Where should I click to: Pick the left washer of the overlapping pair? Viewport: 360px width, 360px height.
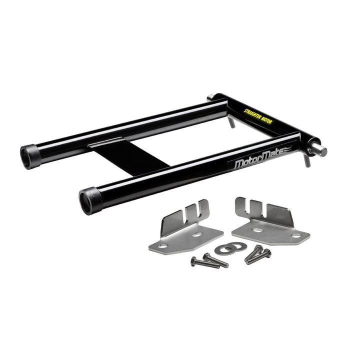point(223,249)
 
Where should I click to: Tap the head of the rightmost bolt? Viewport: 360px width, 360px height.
point(267,253)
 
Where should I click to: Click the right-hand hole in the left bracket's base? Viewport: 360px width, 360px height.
point(198,233)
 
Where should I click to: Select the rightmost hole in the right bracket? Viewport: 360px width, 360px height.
point(296,235)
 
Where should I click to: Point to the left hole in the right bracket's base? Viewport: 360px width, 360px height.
point(257,230)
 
